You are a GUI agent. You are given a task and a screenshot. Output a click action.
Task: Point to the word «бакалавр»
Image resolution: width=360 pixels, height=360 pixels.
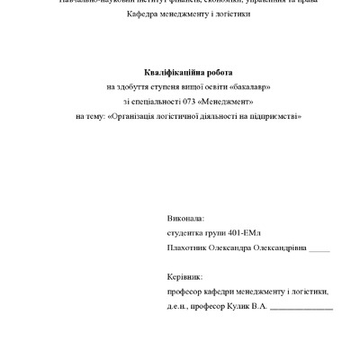pos(247,86)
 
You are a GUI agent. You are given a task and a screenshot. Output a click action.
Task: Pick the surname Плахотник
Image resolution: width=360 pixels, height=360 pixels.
pos(188,247)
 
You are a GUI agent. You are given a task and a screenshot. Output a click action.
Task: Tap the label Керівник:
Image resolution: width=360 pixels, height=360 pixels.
pos(185,277)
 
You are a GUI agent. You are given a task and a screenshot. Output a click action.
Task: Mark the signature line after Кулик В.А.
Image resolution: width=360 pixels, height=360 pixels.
pos(301,308)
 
